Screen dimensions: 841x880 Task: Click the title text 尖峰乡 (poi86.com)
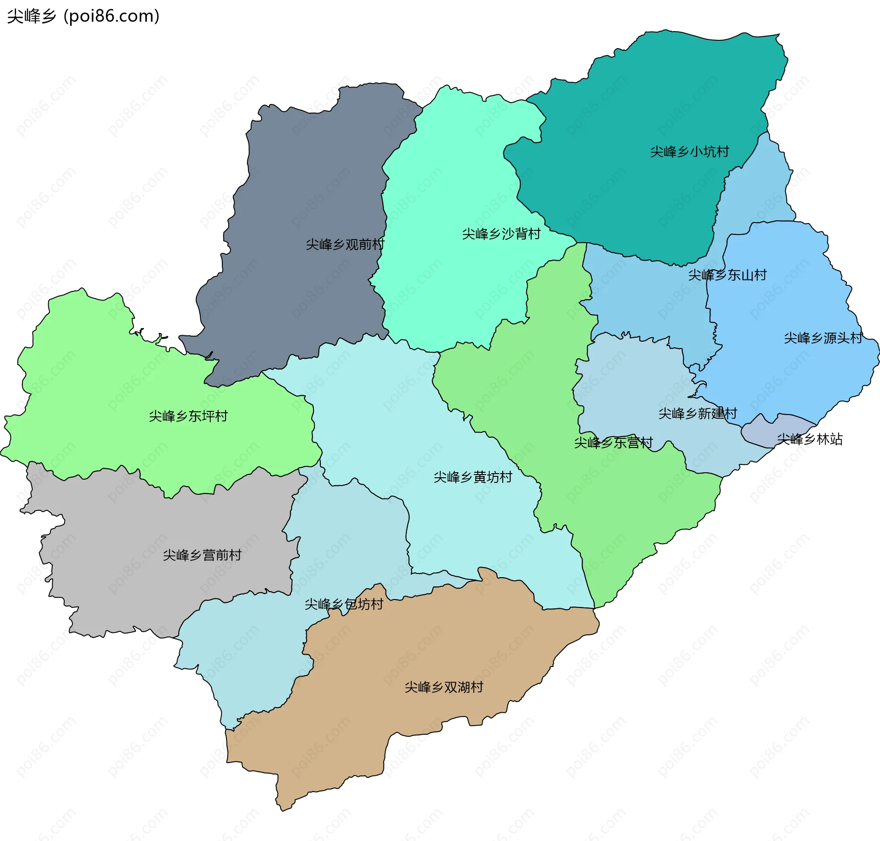coord(83,16)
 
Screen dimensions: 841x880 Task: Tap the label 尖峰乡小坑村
coord(689,152)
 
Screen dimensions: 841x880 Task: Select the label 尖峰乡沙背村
coord(501,234)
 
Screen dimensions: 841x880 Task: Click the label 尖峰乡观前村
coord(345,245)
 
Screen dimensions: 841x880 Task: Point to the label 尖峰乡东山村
coord(727,275)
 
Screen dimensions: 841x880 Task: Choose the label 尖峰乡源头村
coord(823,338)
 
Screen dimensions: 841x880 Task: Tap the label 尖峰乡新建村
coord(697,414)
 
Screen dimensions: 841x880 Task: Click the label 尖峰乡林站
coord(809,439)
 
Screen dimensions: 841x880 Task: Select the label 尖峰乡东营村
coord(613,443)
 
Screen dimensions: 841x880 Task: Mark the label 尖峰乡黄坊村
coord(473,477)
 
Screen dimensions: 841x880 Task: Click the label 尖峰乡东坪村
coord(188,416)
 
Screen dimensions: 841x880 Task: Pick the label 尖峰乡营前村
coord(202,555)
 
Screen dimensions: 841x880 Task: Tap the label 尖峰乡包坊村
coord(344,604)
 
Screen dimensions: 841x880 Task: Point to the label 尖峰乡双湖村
coord(444,687)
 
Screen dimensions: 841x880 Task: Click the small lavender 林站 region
coord(761,431)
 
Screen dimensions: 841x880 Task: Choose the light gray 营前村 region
coord(137,573)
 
